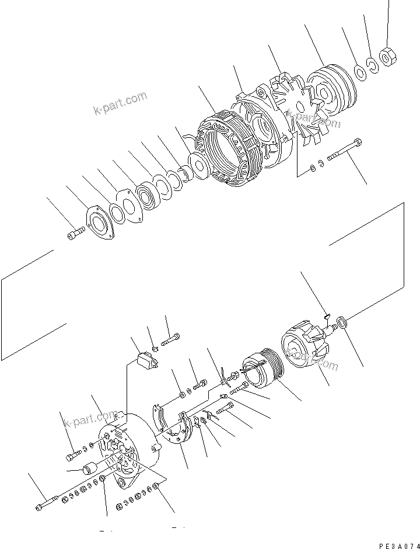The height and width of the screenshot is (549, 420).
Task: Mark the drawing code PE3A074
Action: click(397, 545)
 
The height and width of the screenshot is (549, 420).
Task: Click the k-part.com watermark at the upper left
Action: click(120, 105)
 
